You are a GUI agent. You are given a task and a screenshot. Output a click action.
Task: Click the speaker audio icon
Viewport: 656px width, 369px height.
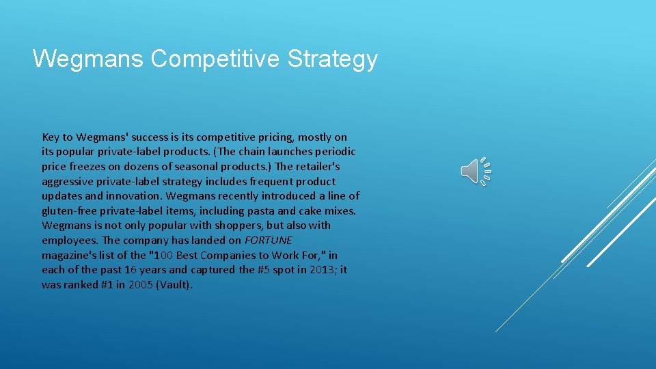click(476, 171)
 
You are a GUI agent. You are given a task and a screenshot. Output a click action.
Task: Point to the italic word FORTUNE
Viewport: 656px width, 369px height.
click(268, 240)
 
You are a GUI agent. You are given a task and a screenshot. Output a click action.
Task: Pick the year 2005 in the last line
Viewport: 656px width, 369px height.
click(140, 284)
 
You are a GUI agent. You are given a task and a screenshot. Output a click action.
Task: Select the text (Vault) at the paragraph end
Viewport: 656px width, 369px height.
click(174, 284)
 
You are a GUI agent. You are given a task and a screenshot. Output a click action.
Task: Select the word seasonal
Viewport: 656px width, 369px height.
click(199, 166)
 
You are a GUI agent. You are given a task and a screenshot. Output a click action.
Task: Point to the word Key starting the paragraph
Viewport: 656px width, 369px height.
click(51, 137)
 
